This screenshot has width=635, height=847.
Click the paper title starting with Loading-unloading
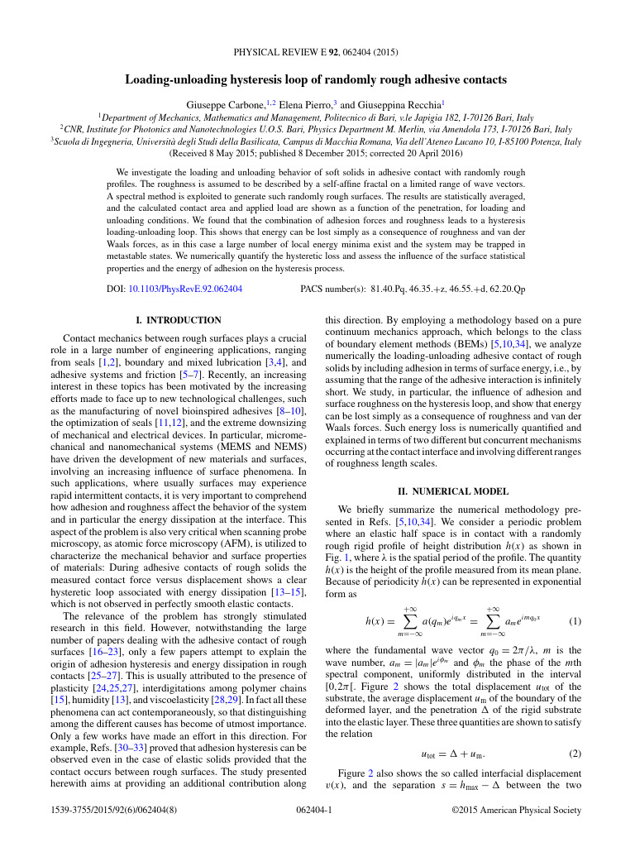316,80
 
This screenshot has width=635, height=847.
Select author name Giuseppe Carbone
222,106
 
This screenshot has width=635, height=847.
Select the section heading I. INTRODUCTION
178,320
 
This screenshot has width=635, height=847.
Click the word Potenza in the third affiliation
546,141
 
